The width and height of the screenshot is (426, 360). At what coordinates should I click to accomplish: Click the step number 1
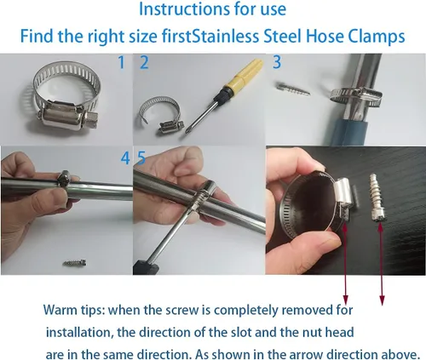[x=122, y=62]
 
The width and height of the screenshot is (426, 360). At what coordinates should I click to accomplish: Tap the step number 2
[x=144, y=62]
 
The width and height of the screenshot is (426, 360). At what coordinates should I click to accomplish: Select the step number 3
[x=277, y=62]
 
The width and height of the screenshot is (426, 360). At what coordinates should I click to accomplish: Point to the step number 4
[x=125, y=158]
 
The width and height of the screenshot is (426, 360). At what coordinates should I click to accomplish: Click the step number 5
[x=141, y=157]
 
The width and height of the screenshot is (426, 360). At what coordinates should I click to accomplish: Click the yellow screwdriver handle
[x=246, y=75]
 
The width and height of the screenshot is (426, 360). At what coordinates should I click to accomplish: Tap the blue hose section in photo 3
[x=350, y=132]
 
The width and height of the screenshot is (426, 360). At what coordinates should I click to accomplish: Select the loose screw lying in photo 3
[x=292, y=89]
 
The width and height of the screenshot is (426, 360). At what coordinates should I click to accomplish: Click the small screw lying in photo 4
[x=75, y=263]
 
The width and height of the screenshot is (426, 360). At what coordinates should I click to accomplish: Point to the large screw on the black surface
[x=377, y=198]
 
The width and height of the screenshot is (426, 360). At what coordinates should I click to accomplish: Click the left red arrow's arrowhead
[x=345, y=300]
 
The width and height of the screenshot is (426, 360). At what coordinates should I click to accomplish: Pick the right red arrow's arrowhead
[x=382, y=300]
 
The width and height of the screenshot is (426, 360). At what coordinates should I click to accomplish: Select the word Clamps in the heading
[x=376, y=37]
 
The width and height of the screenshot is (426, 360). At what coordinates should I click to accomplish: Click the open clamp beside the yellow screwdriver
[x=160, y=115]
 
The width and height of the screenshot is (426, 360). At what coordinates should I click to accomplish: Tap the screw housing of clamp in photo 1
[x=68, y=117]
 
